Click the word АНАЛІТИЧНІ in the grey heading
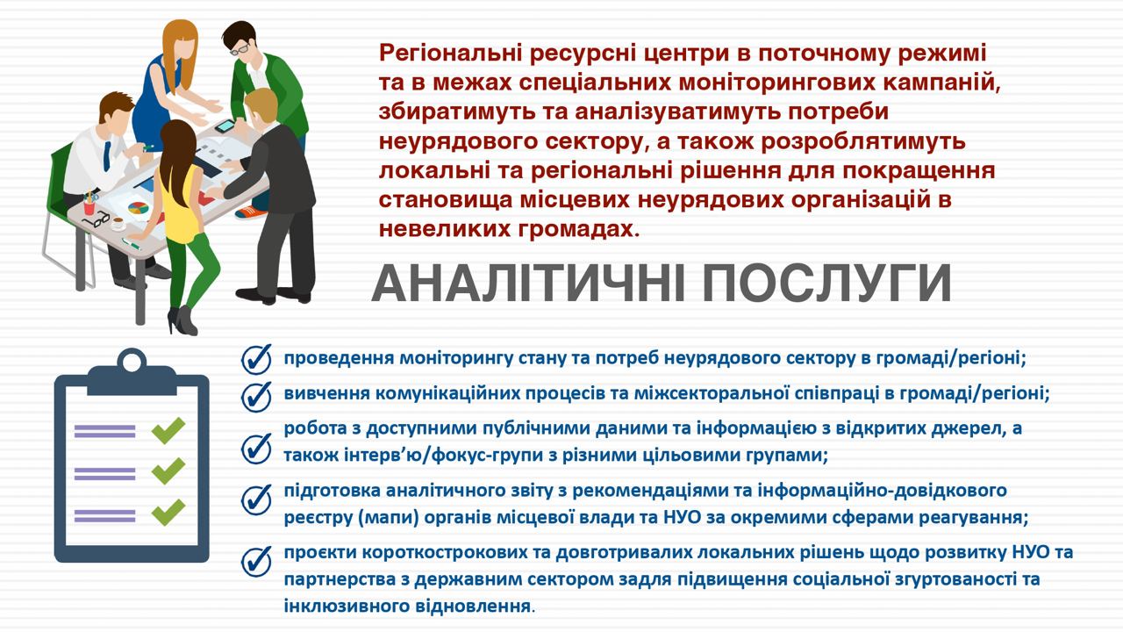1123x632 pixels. (525, 283)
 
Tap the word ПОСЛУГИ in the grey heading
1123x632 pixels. (826, 283)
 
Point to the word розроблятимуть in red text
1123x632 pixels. (863, 141)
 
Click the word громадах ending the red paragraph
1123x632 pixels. (578, 229)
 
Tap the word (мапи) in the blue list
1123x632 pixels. (389, 517)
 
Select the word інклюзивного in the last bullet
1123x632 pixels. (345, 606)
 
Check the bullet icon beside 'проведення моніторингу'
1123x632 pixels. (257, 359)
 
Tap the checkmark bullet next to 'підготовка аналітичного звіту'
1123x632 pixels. (257, 499)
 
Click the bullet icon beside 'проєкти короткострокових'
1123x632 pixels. (257, 562)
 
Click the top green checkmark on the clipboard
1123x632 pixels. (168, 430)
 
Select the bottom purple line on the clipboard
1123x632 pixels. (104, 515)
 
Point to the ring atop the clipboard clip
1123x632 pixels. (132, 360)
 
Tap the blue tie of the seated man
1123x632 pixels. (107, 156)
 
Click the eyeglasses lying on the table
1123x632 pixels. (97, 219)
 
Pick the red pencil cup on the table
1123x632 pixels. (89, 206)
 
